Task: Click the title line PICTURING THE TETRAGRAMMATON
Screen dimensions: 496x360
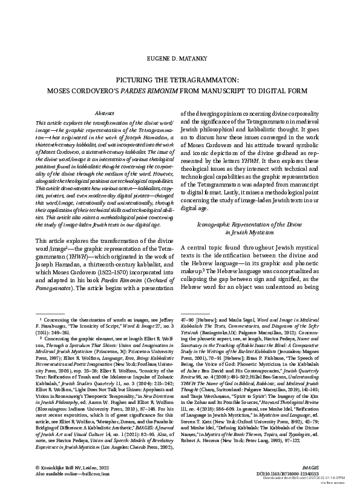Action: click(x=180, y=79)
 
